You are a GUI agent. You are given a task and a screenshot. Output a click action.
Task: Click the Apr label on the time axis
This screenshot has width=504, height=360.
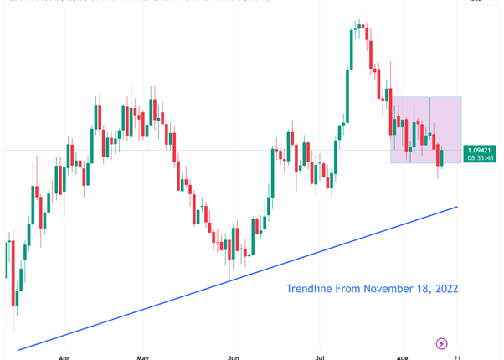point(64,356)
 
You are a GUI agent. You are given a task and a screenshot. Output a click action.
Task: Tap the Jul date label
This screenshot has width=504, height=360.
point(319,356)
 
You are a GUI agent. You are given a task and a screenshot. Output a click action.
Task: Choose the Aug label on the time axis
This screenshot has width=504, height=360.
point(403,356)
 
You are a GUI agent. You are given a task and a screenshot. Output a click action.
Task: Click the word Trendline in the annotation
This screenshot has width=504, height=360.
point(310,289)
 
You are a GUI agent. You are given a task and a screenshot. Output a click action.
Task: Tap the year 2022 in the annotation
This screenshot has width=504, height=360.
point(445,289)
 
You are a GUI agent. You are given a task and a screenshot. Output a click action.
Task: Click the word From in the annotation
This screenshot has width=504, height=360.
point(349,289)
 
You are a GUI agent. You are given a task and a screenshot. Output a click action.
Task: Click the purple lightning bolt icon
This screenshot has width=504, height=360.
point(442,343)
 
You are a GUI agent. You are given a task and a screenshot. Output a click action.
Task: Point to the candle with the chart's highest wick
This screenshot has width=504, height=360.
point(363,25)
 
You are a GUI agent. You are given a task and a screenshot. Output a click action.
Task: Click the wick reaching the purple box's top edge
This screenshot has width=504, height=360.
point(430,113)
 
